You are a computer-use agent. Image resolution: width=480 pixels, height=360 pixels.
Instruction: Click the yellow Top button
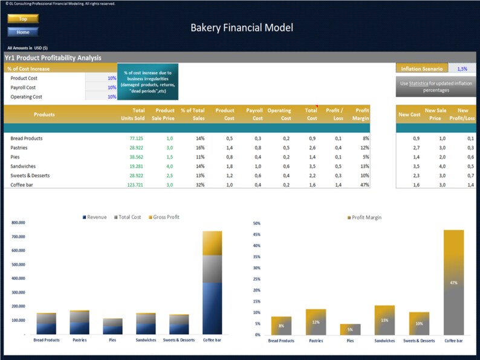(x=23, y=19)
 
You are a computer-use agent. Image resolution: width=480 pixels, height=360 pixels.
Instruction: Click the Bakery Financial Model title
(x=242, y=27)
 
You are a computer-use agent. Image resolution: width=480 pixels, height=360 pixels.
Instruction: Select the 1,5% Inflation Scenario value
(x=462, y=69)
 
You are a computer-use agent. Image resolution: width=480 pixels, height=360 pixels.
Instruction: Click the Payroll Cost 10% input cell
(x=111, y=88)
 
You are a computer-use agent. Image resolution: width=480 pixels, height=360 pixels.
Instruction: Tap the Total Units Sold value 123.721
(x=136, y=184)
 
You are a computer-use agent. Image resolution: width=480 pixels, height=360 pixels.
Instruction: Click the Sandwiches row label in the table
(x=24, y=166)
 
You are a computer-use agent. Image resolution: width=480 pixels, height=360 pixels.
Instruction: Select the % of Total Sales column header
(x=193, y=114)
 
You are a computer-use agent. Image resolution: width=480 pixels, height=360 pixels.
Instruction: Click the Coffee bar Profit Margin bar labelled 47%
(x=453, y=282)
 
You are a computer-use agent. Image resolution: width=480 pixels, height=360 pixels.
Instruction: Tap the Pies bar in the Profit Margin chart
(x=350, y=329)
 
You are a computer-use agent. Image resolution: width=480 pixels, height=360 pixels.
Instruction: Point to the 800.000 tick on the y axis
(x=18, y=223)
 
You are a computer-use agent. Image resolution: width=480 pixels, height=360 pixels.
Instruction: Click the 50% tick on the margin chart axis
(x=256, y=223)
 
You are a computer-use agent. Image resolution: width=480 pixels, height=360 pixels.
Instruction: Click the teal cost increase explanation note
(x=148, y=82)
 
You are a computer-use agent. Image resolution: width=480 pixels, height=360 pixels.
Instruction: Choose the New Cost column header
(x=409, y=114)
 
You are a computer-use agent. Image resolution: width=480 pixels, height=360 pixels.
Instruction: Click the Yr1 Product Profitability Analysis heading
(x=53, y=58)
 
